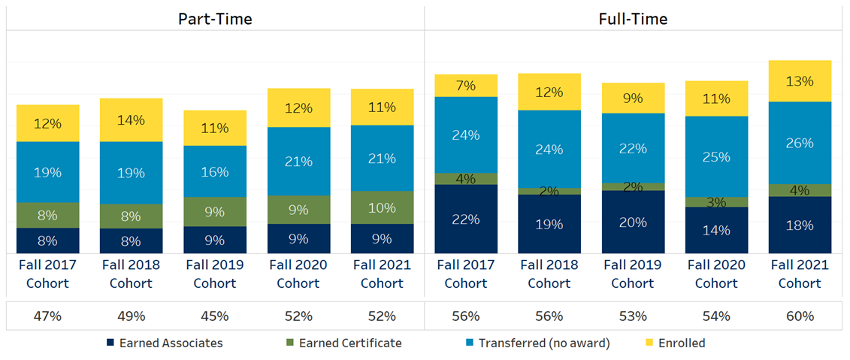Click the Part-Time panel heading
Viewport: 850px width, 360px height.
pyautogui.click(x=215, y=19)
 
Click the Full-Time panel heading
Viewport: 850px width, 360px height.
pyautogui.click(x=633, y=19)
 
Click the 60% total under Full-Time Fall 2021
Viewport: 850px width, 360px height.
pyautogui.click(x=800, y=316)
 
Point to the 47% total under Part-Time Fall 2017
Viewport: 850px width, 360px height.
pyautogui.click(x=47, y=316)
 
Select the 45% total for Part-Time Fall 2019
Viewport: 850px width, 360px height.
pyautogui.click(x=215, y=316)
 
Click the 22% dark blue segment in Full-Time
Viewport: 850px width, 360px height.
pyautogui.click(x=466, y=219)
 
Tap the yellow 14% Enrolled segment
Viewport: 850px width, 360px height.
pyautogui.click(x=131, y=120)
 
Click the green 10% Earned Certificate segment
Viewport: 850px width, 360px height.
pyautogui.click(x=382, y=207)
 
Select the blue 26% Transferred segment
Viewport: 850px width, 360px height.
pyautogui.click(x=800, y=143)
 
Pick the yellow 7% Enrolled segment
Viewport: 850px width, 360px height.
pyautogui.click(x=466, y=86)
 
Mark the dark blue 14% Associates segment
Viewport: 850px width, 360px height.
pyautogui.click(x=716, y=230)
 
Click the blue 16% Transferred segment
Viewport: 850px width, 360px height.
pyautogui.click(x=215, y=171)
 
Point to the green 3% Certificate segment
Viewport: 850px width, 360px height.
pyautogui.click(x=716, y=201)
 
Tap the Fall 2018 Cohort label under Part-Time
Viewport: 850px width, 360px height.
pyautogui.click(x=131, y=274)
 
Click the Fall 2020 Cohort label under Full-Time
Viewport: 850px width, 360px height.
pyautogui.click(x=716, y=274)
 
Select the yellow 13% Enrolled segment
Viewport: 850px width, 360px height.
pyautogui.click(x=800, y=81)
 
